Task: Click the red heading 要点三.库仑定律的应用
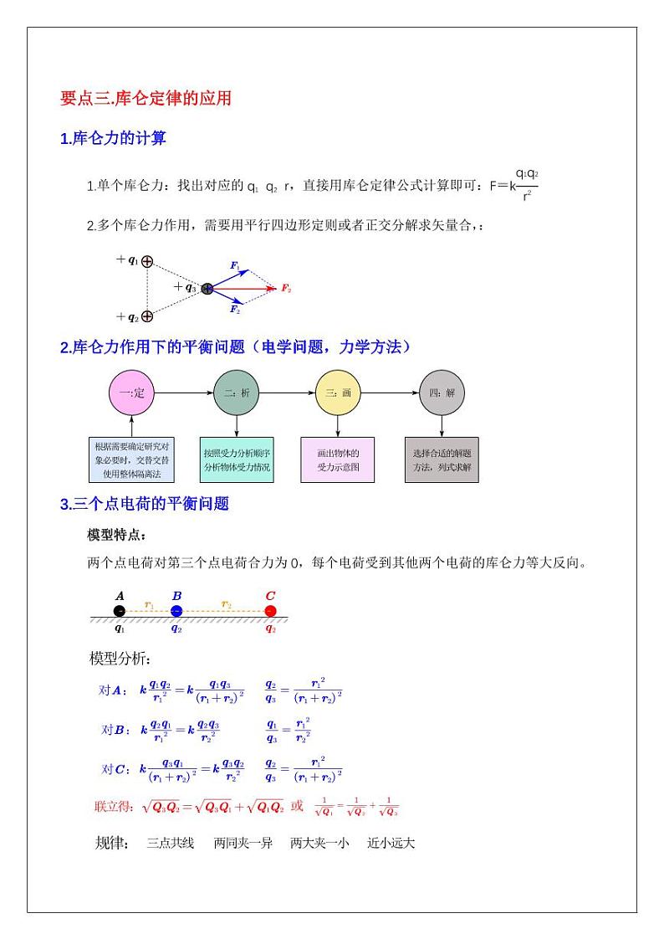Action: coord(146,99)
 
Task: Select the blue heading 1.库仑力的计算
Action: coord(113,139)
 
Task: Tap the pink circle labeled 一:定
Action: coord(132,393)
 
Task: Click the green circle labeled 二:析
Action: coord(237,393)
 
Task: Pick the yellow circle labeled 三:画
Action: coord(339,393)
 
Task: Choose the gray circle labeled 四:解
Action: coord(442,393)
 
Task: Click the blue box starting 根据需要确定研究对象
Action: coord(131,459)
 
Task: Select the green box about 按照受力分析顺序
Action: coord(237,459)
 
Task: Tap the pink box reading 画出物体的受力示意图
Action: coord(339,459)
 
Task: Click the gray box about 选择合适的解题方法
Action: coord(442,459)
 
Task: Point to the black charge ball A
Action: coord(120,611)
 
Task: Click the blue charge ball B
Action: coord(176,611)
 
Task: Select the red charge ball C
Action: coord(270,611)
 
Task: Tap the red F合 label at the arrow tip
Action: coord(285,289)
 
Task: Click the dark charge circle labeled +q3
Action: coord(207,289)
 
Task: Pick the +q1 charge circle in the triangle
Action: coord(147,261)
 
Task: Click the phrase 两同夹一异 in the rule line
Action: coord(243,843)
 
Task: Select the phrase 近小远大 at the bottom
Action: coord(391,843)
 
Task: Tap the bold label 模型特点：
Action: coord(117,535)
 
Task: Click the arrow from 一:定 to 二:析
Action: coord(184,393)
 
